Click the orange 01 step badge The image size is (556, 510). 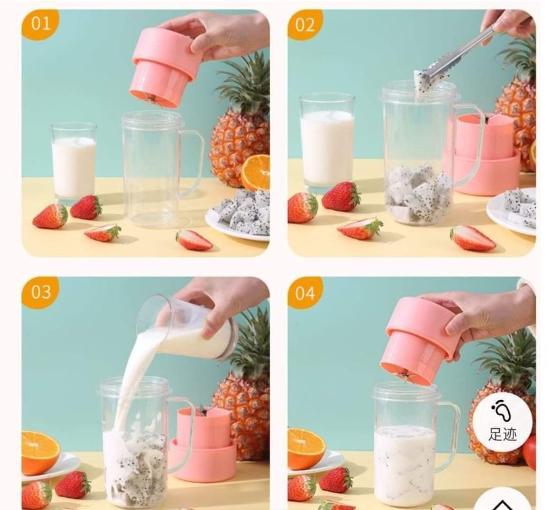(x=40, y=23)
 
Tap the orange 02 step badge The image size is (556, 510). (x=305, y=24)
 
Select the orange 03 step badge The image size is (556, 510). (x=40, y=292)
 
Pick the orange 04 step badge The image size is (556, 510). (x=304, y=293)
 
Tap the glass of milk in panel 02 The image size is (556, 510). (x=327, y=142)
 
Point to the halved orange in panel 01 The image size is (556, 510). (x=256, y=172)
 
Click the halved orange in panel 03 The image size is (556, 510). (x=39, y=452)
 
